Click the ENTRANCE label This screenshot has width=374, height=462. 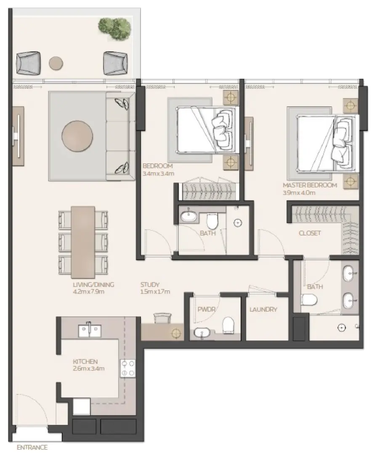pyautogui.click(x=32, y=447)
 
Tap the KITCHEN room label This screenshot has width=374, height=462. pyautogui.click(x=85, y=361)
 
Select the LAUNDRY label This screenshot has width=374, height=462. pyautogui.click(x=263, y=310)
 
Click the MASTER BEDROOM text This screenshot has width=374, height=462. pyautogui.click(x=310, y=185)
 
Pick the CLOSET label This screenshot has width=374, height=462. pyautogui.click(x=310, y=233)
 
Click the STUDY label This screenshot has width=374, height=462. pyautogui.click(x=150, y=284)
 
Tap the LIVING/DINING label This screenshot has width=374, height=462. pyautogui.click(x=93, y=284)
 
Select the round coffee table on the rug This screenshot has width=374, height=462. pyautogui.click(x=77, y=136)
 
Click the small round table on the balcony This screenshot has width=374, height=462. pyautogui.click(x=56, y=63)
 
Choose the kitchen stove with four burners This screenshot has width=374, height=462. pyautogui.click(x=128, y=368)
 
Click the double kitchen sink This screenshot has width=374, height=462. pyautogui.click(x=89, y=330)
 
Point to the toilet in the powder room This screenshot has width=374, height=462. pyautogui.click(x=228, y=325)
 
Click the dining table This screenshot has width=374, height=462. pyautogui.click(x=83, y=240)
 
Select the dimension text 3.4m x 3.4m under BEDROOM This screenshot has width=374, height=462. pyautogui.click(x=158, y=173)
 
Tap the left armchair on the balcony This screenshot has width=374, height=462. pyautogui.click(x=28, y=63)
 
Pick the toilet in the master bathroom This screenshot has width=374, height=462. pyautogui.click(x=308, y=300)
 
